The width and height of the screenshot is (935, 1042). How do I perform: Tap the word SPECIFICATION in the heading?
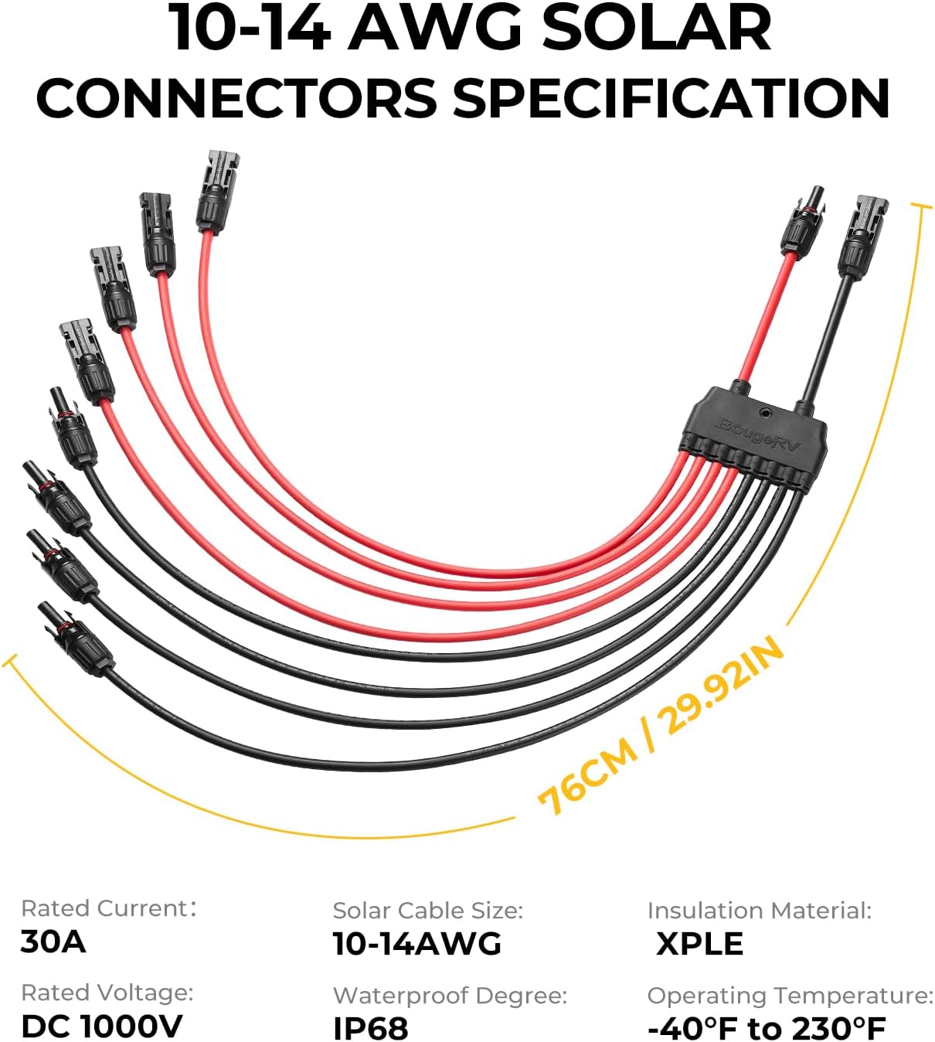point(671,99)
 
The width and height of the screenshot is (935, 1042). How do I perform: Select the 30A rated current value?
point(53,942)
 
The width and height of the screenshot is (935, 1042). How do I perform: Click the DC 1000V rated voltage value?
point(102,1026)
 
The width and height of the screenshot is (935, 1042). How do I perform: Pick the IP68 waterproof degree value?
point(370,1027)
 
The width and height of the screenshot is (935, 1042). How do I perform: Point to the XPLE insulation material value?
point(699,944)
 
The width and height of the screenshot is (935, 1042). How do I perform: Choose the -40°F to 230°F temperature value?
point(766,1028)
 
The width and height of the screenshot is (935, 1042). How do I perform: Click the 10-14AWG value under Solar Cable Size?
point(417,944)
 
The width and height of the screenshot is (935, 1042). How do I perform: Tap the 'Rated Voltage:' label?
point(107,993)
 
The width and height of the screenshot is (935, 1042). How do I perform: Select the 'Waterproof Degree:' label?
point(450,995)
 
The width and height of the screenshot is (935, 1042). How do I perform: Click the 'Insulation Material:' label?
point(759,911)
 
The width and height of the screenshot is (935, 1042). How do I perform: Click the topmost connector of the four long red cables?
point(216,191)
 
